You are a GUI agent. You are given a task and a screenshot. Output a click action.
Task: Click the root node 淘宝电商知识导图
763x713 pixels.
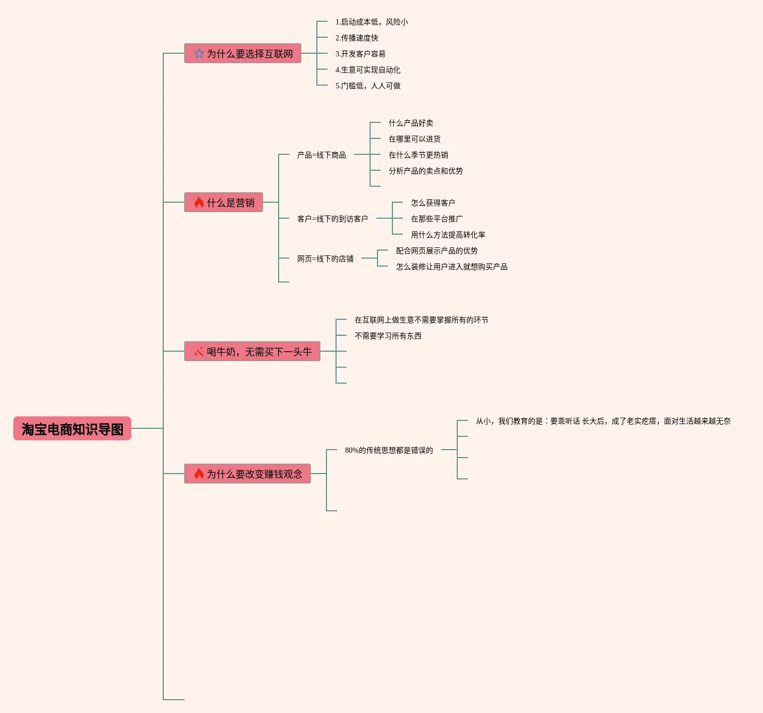[72, 429]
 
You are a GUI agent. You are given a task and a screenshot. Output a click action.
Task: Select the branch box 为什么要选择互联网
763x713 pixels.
[243, 54]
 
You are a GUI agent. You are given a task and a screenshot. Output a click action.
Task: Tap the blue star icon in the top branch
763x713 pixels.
[199, 54]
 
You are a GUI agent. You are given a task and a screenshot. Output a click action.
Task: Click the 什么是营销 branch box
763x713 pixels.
[224, 203]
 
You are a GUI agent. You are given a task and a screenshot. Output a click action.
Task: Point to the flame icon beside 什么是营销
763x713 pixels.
[199, 202]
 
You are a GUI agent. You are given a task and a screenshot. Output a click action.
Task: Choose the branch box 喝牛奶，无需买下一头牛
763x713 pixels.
[253, 352]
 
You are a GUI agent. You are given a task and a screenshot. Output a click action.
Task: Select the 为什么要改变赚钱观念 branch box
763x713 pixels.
[248, 474]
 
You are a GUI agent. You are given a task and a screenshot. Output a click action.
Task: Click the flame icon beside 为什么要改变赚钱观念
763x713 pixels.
[199, 474]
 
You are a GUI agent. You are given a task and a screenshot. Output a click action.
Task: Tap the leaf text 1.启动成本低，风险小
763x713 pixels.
[372, 22]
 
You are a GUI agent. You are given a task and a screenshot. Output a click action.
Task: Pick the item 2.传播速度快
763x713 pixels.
[357, 38]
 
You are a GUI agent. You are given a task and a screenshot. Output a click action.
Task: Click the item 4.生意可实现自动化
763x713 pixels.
[368, 70]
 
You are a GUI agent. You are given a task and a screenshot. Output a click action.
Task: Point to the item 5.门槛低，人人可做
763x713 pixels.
[368, 86]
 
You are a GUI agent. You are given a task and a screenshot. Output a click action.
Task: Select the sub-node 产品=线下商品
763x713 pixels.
[322, 155]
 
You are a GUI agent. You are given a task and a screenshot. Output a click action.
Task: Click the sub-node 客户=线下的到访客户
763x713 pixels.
[332, 219]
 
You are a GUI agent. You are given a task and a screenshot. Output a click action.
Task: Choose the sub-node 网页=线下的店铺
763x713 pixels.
[325, 259]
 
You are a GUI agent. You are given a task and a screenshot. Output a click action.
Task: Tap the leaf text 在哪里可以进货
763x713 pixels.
[415, 139]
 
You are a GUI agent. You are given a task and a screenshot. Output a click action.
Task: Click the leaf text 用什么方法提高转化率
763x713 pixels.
[448, 235]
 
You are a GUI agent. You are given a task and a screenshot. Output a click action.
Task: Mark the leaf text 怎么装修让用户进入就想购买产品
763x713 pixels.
[451, 267]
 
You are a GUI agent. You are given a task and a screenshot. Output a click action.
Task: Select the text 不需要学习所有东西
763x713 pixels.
[388, 336]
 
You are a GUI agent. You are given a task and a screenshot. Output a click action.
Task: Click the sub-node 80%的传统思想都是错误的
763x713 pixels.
[389, 450]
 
